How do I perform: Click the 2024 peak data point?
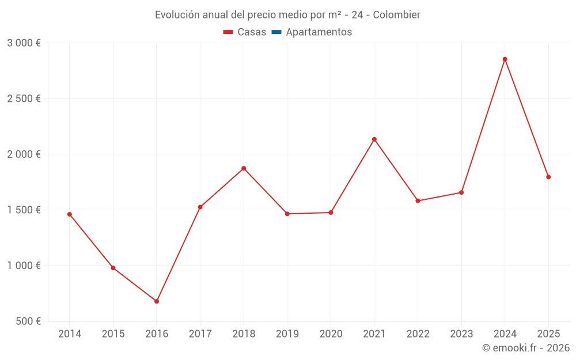click(x=505, y=59)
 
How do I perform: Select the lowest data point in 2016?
click(x=157, y=301)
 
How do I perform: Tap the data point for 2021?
click(x=374, y=139)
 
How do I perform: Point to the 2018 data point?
click(x=244, y=168)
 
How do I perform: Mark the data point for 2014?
click(x=70, y=214)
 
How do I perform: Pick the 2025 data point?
click(x=548, y=177)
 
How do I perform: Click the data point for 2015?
click(x=113, y=268)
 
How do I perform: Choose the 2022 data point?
click(x=418, y=201)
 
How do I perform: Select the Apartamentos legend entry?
click(x=319, y=32)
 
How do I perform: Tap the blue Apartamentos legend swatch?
click(x=276, y=32)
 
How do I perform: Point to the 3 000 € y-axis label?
click(x=24, y=43)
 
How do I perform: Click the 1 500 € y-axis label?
click(x=24, y=210)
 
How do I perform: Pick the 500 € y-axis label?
click(x=27, y=321)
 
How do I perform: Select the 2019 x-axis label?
click(x=287, y=334)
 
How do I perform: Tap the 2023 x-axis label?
click(x=461, y=334)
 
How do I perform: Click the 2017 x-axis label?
click(x=200, y=334)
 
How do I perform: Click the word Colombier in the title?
click(x=396, y=14)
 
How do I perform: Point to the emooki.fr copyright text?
click(x=526, y=348)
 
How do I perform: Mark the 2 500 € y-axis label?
click(x=24, y=98)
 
